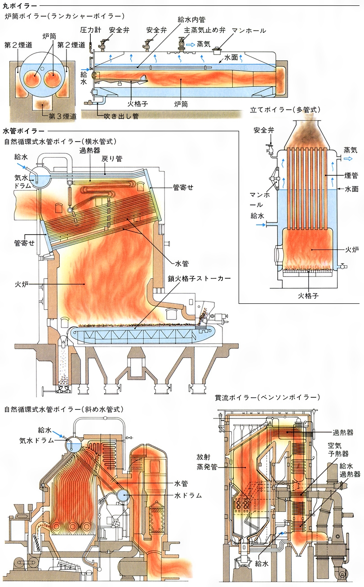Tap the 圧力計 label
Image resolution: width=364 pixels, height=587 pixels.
tap(89, 30)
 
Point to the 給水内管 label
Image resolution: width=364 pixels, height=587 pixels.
tap(190, 19)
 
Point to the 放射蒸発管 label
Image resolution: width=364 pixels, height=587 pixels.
tap(207, 462)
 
